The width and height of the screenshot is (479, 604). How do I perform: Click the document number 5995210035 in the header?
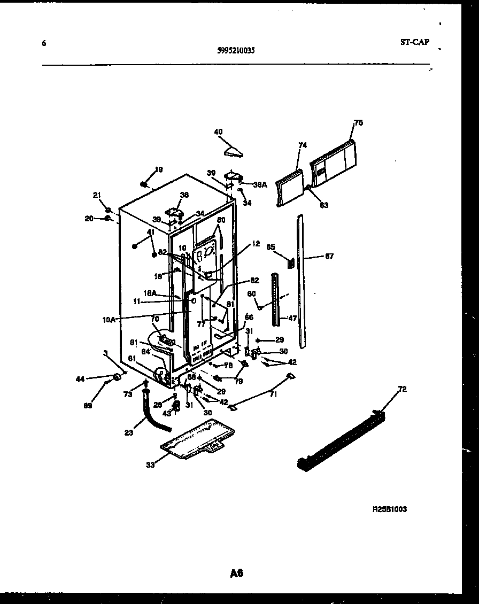pyautogui.click(x=236, y=51)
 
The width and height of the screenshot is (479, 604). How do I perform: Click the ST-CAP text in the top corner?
pyautogui.click(x=414, y=42)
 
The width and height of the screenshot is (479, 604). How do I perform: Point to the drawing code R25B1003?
pyautogui.click(x=389, y=509)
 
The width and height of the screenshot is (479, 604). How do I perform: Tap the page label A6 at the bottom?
pyautogui.click(x=237, y=574)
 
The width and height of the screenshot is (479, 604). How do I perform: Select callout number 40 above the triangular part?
pyautogui.click(x=218, y=132)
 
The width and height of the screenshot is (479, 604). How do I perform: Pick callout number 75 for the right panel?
pyautogui.click(x=358, y=123)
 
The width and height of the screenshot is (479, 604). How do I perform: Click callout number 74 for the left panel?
pyautogui.click(x=303, y=145)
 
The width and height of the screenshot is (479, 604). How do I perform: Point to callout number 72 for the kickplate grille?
pyautogui.click(x=402, y=389)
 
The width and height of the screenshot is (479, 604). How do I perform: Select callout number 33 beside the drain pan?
pyautogui.click(x=150, y=464)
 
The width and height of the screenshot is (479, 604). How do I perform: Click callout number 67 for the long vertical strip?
pyautogui.click(x=329, y=257)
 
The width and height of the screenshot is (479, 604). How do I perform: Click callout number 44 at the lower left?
pyautogui.click(x=80, y=379)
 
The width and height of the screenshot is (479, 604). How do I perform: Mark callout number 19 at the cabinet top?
pyautogui.click(x=159, y=170)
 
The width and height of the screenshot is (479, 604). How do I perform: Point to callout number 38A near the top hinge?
pyautogui.click(x=260, y=185)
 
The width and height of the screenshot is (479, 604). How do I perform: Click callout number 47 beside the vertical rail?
pyautogui.click(x=292, y=318)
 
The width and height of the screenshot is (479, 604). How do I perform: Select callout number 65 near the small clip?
pyautogui.click(x=271, y=247)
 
